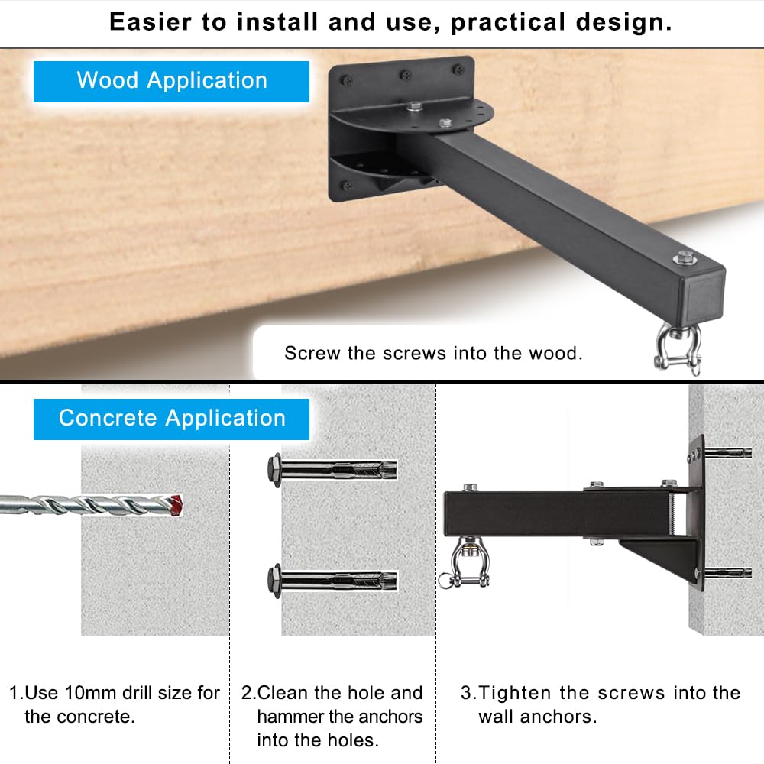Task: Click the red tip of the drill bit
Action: click(x=176, y=506)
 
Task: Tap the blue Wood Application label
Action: click(x=171, y=82)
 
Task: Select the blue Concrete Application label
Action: click(x=171, y=419)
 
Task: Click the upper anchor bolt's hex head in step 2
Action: click(x=274, y=470)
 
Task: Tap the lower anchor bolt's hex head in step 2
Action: click(x=274, y=581)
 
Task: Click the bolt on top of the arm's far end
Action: click(x=685, y=257)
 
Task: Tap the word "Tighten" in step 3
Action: click(x=516, y=692)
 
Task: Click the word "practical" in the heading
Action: click(x=507, y=22)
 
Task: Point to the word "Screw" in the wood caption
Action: click(x=312, y=353)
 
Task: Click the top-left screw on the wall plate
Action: click(x=346, y=80)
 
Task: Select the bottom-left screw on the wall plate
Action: click(x=347, y=186)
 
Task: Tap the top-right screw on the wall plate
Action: click(x=458, y=70)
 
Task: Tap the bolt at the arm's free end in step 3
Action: click(x=470, y=487)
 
